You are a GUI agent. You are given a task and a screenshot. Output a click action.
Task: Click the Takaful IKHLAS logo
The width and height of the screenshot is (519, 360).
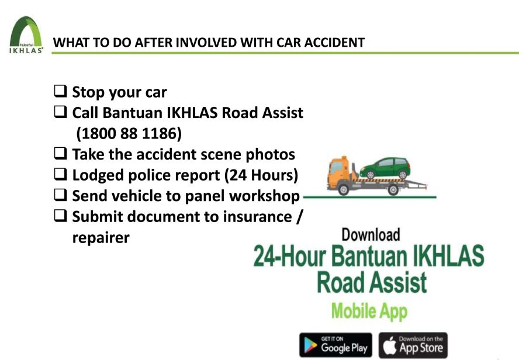click(x=26, y=35)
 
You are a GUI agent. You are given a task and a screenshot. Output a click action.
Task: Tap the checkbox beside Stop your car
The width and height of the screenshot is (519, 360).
click(x=61, y=91)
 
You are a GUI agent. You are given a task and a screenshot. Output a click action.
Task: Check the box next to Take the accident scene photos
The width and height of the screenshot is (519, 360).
click(x=61, y=153)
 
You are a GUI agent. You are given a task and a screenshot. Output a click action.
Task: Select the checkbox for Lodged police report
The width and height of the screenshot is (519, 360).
click(x=61, y=174)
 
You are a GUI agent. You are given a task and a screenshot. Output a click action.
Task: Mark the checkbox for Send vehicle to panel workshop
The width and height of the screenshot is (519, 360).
click(x=61, y=195)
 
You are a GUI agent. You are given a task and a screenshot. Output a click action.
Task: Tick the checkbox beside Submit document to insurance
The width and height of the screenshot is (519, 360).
click(x=61, y=216)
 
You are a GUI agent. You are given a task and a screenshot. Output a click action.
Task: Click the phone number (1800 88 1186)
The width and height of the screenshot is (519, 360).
click(x=129, y=133)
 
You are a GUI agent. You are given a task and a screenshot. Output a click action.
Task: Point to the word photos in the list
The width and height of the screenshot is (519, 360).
click(x=270, y=155)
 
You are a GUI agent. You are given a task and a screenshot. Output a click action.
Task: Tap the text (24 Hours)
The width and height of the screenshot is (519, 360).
click(x=261, y=175)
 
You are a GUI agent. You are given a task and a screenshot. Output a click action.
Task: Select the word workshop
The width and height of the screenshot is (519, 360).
click(x=264, y=196)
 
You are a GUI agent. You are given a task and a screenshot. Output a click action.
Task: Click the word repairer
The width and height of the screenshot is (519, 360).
click(x=101, y=238)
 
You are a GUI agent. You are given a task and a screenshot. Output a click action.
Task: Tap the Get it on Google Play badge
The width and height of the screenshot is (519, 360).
click(x=335, y=345)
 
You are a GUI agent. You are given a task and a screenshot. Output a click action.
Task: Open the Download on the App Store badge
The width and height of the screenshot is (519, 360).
click(x=413, y=345)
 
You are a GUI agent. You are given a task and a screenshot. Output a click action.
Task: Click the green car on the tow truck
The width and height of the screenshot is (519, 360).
click(x=385, y=168)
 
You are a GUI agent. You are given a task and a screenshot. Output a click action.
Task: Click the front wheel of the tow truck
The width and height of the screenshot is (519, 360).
click(x=344, y=189)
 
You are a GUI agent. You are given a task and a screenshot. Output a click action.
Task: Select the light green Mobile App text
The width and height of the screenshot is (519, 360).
click(x=369, y=311)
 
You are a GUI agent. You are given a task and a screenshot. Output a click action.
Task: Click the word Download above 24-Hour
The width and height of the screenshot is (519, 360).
click(x=371, y=234)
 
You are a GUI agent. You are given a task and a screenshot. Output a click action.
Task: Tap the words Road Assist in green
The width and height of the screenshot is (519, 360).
click(x=372, y=282)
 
